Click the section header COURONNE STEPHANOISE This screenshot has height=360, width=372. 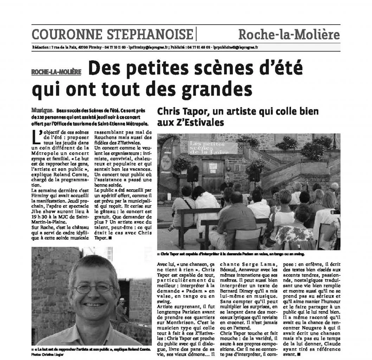click(112, 34)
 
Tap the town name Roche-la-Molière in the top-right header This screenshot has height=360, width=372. click(289, 34)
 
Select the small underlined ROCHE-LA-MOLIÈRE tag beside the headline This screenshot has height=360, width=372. click(56, 72)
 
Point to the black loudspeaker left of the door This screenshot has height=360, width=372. click(193, 174)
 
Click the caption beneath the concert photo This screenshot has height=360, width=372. click(231, 253)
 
